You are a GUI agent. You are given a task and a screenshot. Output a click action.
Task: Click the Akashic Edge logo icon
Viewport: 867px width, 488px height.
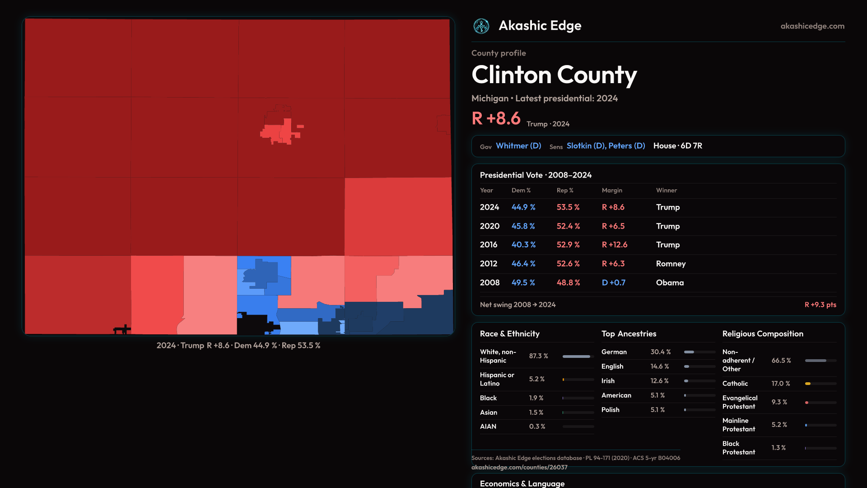(x=481, y=26)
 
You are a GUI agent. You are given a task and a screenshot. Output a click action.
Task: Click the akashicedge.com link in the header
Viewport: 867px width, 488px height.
(x=812, y=26)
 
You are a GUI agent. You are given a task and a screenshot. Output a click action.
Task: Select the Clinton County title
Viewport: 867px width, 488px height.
(x=554, y=75)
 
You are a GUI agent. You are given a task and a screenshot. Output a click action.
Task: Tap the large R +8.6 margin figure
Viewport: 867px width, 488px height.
(x=496, y=118)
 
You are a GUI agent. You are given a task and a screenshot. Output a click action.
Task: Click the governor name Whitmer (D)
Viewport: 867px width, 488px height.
(x=518, y=146)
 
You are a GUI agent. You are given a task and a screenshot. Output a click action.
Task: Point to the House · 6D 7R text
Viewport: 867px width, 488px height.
(x=678, y=146)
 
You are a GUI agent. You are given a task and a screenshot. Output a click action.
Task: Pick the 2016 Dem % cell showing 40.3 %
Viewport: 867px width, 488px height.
(x=523, y=244)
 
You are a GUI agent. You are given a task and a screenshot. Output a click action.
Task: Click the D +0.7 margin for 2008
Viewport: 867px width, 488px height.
(x=614, y=282)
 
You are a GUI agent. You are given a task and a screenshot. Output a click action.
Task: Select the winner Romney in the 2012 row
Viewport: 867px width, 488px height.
(x=671, y=263)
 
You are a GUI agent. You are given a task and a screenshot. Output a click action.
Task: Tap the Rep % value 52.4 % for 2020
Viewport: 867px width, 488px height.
(x=568, y=226)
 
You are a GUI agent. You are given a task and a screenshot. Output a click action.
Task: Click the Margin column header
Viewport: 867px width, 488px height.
(x=612, y=190)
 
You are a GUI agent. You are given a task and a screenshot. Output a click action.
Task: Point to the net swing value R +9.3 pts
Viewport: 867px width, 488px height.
(x=820, y=305)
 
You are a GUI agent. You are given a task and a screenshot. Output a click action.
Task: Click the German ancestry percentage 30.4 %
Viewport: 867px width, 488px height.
(x=660, y=352)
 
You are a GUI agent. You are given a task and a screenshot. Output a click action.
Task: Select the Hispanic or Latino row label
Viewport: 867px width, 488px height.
(x=497, y=379)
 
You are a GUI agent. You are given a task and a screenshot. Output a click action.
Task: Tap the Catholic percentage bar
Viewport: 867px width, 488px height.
(x=820, y=384)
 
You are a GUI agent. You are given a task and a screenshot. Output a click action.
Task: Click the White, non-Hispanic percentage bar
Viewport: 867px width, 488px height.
(x=578, y=357)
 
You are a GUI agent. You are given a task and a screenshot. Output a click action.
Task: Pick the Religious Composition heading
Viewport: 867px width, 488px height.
(x=763, y=334)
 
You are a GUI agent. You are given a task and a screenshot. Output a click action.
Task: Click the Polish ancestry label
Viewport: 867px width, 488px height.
(x=610, y=410)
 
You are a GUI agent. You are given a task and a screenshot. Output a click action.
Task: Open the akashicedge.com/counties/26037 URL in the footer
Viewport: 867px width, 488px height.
(x=519, y=467)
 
